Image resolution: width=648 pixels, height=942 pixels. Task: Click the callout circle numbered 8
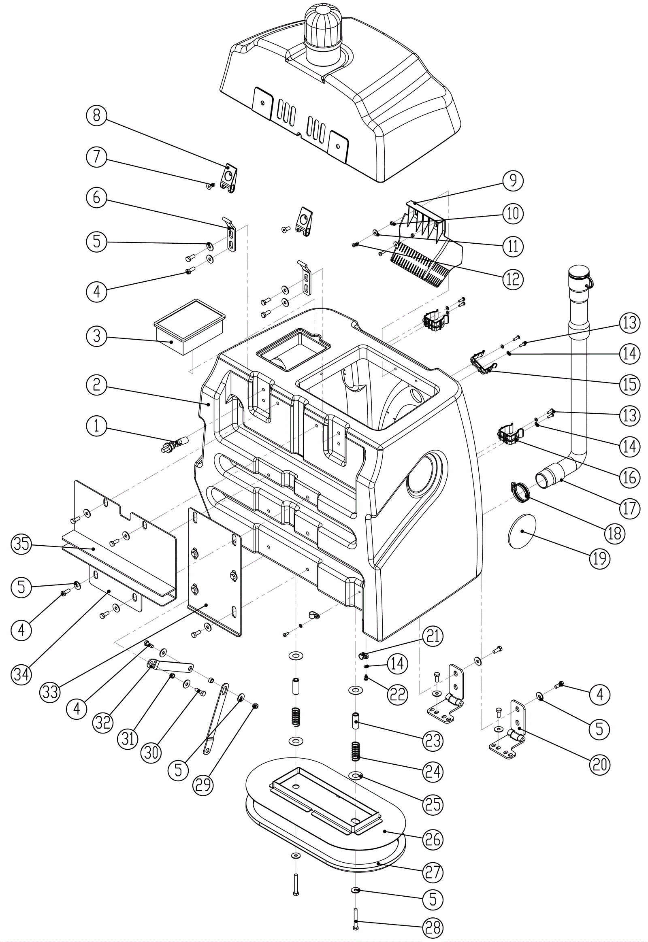tap(96, 116)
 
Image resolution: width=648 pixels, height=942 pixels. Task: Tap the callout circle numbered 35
tap(21, 544)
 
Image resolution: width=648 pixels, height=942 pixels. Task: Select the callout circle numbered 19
tap(600, 559)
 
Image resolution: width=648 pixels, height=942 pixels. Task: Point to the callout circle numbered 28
tap(433, 927)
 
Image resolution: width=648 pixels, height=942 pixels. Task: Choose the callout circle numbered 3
tap(96, 336)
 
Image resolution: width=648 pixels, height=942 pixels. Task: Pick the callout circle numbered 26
tap(433, 839)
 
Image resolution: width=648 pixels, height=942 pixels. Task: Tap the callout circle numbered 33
tap(50, 692)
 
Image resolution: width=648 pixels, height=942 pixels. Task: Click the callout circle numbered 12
tap(513, 279)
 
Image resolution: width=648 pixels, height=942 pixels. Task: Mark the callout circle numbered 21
tap(433, 636)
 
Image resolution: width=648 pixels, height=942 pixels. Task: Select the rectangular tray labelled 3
tap(190, 327)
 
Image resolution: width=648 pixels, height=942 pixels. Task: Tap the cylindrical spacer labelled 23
tap(356, 721)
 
